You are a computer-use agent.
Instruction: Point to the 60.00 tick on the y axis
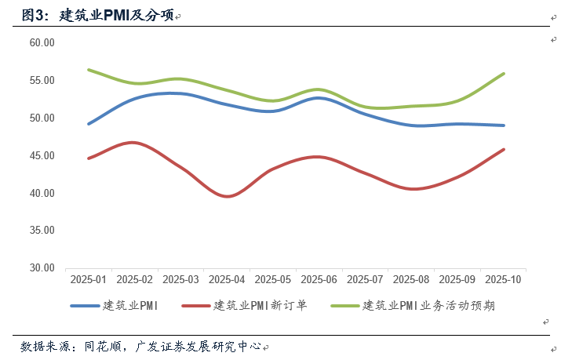42,42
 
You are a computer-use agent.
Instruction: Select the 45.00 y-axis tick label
42,155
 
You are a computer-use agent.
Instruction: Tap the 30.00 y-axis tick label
42,267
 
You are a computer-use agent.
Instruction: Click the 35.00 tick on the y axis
42,231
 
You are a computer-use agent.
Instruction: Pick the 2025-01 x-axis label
88,280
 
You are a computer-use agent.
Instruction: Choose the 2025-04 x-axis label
227,280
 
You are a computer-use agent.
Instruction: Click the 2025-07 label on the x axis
365,280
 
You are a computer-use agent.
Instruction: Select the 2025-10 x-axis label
503,280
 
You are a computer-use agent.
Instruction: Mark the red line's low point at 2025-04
227,196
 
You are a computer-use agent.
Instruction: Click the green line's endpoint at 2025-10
504,74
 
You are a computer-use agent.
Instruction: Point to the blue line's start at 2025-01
89,124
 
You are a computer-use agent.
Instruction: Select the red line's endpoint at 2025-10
504,149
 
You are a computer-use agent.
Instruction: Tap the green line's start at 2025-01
89,70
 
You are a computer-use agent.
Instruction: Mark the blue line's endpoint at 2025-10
504,125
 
